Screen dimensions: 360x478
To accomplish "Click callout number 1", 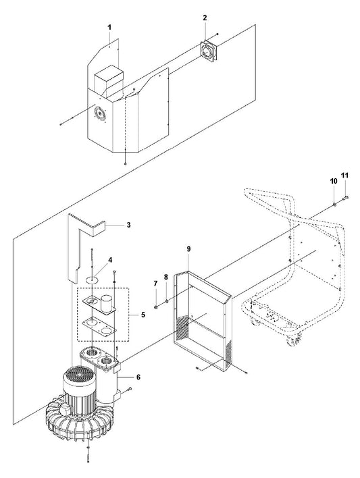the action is tap(109, 28).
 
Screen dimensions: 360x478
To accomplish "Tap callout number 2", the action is tap(205, 18).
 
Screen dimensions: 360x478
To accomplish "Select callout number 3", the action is tap(129, 225).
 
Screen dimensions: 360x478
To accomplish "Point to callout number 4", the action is tap(110, 260).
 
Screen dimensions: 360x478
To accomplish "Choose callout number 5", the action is tap(143, 315).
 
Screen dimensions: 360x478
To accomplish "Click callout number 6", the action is tap(138, 377).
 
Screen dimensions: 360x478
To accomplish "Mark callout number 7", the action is tap(155, 284).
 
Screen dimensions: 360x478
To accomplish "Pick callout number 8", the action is tap(166, 277).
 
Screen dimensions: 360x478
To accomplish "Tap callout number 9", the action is tap(188, 248).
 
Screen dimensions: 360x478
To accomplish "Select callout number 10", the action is tap(334, 181).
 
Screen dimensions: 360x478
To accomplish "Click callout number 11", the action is tap(344, 176).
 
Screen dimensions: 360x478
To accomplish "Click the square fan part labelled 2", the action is tap(209, 51).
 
